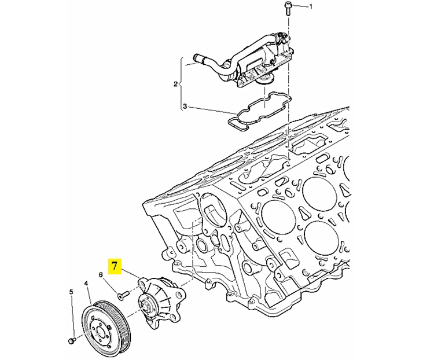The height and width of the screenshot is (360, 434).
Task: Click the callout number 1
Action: [311, 6]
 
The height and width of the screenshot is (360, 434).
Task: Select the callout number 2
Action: [175, 83]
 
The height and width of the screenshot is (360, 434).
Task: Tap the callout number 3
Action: [185, 106]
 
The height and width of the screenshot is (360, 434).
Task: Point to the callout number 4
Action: [86, 284]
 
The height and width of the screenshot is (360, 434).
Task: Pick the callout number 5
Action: [71, 292]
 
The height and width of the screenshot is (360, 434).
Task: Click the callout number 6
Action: [101, 274]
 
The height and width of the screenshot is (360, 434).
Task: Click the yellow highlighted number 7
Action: [115, 266]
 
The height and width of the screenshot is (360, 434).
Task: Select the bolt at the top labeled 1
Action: [287, 8]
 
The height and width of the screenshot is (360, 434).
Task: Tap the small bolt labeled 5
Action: [72, 340]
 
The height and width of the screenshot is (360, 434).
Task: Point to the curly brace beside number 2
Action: [181, 84]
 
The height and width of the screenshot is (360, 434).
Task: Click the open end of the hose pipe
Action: [196, 58]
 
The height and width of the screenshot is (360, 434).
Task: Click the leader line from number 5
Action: [72, 316]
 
